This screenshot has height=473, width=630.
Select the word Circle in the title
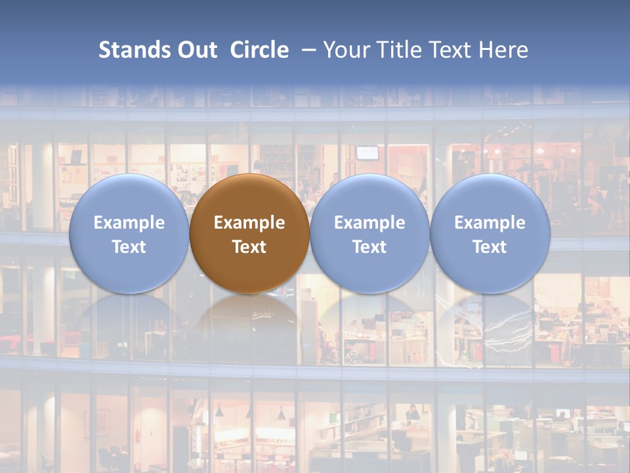[259, 50]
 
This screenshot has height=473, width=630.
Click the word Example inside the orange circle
[249, 223]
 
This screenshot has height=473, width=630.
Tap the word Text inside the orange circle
[249, 247]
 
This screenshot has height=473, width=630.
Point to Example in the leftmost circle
[129, 223]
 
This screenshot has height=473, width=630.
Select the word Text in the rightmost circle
[490, 247]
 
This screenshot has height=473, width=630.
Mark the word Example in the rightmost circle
[490, 223]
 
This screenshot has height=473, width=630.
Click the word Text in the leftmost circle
[129, 247]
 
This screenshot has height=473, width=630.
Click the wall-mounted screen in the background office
[368, 152]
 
